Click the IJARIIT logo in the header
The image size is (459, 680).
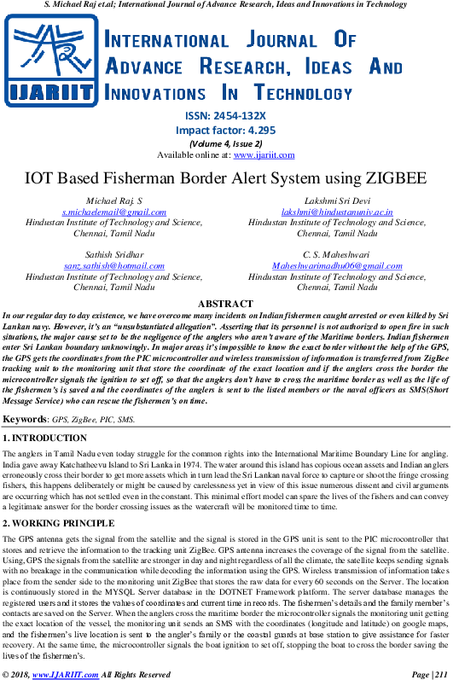coord(51,61)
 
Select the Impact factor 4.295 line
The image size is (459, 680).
coord(225,130)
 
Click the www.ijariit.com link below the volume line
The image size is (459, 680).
coord(264,154)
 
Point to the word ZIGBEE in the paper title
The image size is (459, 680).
coord(396,178)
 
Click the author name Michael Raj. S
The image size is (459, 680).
coord(114,201)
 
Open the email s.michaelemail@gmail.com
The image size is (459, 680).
coord(114,212)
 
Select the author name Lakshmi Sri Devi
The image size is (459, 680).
coord(337,201)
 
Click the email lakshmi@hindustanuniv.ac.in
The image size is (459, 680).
coord(337,212)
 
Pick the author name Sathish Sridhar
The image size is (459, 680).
coord(114,254)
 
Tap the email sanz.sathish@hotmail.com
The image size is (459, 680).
coord(114,265)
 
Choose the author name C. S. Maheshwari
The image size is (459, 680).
coord(337,254)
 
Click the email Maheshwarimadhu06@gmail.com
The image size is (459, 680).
coord(337,265)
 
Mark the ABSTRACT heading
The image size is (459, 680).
coord(225,304)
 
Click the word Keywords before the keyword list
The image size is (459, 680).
coord(24,419)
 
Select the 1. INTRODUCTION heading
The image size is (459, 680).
coord(44,438)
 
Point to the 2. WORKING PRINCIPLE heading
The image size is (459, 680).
coord(59,524)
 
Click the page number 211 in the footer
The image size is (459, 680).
coord(441,674)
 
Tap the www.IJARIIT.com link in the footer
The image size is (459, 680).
coord(66,674)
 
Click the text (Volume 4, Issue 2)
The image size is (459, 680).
coord(225,143)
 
